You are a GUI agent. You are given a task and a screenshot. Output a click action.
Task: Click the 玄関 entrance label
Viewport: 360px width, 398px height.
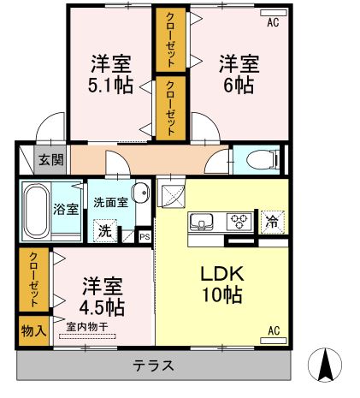[44, 160]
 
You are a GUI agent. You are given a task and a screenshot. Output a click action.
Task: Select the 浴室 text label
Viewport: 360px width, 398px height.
[68, 209]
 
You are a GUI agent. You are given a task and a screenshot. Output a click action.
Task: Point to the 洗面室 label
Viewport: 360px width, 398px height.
[110, 203]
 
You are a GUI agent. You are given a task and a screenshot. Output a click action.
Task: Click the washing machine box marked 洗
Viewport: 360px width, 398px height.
[104, 230]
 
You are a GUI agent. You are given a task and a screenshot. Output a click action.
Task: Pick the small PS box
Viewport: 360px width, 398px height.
[145, 236]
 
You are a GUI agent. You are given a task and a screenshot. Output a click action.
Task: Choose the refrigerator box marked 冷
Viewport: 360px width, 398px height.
[272, 221]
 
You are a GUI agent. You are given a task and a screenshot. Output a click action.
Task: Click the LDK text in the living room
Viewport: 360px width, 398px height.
[222, 275]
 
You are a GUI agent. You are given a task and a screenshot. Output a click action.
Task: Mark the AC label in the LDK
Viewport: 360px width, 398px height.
[274, 330]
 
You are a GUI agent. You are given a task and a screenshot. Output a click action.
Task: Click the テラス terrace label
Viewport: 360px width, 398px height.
[154, 365]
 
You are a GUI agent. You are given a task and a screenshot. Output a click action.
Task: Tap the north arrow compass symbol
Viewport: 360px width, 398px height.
[326, 366]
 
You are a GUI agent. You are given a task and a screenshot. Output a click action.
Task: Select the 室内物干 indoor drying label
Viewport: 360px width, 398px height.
[86, 325]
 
